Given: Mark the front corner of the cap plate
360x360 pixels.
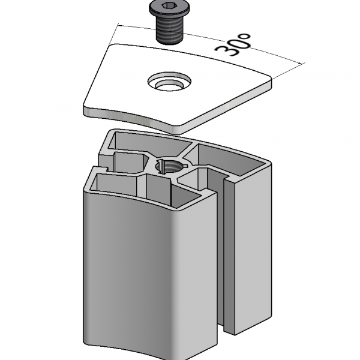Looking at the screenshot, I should (x=178, y=128).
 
